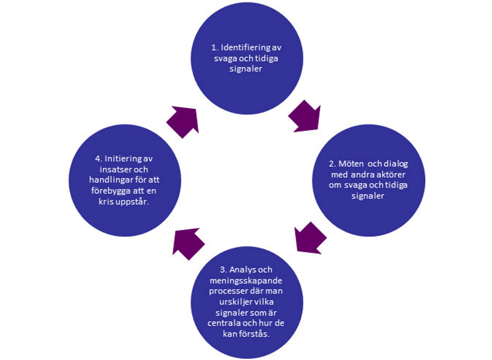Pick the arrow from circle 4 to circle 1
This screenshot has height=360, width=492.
click(x=183, y=121)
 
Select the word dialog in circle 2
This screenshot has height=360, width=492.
click(x=395, y=164)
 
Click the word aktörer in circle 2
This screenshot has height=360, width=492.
click(x=391, y=175)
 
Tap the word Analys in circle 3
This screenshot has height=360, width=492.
click(x=240, y=270)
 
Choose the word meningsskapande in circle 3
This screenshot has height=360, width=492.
click(x=246, y=281)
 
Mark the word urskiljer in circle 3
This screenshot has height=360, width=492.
click(x=236, y=302)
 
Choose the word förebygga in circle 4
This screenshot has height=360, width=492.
click(x=110, y=191)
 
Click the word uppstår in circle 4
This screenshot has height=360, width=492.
click(x=132, y=202)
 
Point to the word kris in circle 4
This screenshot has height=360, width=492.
click(x=106, y=201)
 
